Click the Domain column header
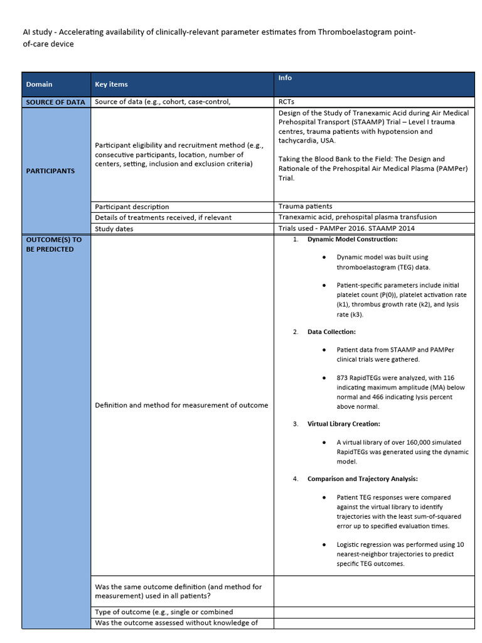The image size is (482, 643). [x=39, y=84]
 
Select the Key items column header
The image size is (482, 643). [x=111, y=84]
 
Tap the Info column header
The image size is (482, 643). [x=285, y=78]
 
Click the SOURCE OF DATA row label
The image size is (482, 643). [x=56, y=102]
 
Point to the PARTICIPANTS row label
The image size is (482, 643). [x=50, y=171]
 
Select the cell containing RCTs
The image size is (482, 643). [x=287, y=102]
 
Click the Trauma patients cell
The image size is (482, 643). [x=305, y=206]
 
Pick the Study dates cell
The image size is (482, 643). [x=114, y=229]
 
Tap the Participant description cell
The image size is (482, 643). [x=132, y=207]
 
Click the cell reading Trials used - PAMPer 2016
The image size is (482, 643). [x=346, y=228]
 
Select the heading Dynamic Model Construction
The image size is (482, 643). [x=352, y=239]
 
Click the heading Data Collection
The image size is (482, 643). [x=331, y=332]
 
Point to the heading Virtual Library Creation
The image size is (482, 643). [x=343, y=424]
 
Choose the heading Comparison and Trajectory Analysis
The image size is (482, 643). [x=362, y=479]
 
